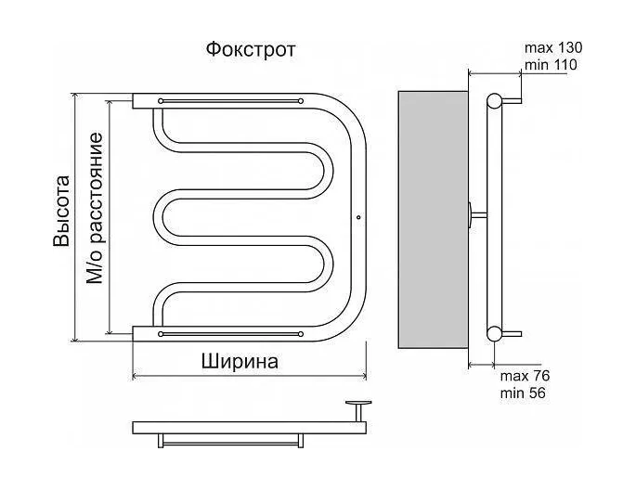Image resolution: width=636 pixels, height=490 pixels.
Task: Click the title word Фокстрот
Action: tap(251, 49)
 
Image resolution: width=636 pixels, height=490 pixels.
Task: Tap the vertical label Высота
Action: tap(61, 211)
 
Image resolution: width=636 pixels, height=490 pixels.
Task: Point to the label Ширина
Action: tap(240, 362)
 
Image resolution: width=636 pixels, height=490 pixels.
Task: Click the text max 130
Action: tap(553, 47)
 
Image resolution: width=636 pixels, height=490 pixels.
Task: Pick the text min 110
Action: tap(552, 65)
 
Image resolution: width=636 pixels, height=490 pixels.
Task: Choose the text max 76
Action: tap(526, 376)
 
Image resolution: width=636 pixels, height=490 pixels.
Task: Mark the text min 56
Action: tap(522, 393)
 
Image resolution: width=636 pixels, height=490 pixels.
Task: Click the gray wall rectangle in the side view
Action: tap(433, 218)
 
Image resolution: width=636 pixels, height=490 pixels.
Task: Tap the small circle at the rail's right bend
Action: tap(358, 220)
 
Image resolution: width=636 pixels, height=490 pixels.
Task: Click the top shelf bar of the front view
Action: tap(230, 99)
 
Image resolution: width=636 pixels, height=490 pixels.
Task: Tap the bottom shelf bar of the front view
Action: tap(230, 331)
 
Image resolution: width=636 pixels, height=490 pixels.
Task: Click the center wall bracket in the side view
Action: tap(475, 216)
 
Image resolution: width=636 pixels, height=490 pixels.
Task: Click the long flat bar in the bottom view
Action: tap(249, 428)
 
